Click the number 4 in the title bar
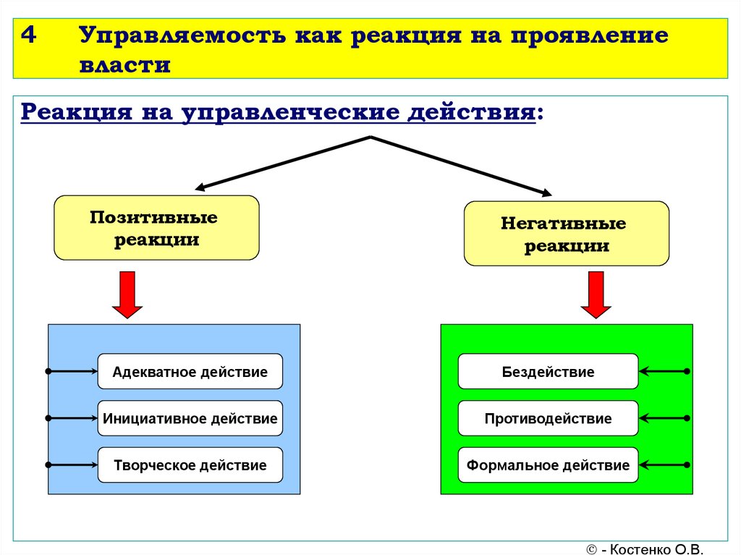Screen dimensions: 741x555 click(x=29, y=35)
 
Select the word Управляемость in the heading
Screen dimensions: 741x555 click(x=182, y=36)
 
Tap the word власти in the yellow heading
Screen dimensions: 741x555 click(x=124, y=65)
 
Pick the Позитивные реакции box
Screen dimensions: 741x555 click(x=156, y=228)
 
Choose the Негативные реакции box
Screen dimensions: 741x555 click(x=566, y=234)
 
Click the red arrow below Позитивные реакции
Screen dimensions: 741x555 click(x=127, y=295)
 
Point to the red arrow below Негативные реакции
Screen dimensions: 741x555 click(x=596, y=295)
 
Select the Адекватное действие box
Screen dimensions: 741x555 click(x=190, y=372)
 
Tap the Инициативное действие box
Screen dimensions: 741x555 click(x=190, y=418)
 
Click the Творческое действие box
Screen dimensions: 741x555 click(x=190, y=465)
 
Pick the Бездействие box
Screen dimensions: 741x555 click(x=549, y=372)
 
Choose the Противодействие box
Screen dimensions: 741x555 click(x=549, y=418)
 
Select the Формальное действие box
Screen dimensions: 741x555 click(x=549, y=465)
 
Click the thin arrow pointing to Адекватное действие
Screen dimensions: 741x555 click(x=72, y=372)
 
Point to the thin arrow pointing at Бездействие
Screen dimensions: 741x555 click(x=664, y=372)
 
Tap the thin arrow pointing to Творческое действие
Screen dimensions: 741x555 click(x=72, y=465)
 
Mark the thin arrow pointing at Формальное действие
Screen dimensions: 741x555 click(x=664, y=465)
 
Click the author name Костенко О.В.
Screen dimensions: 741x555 click(x=656, y=549)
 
